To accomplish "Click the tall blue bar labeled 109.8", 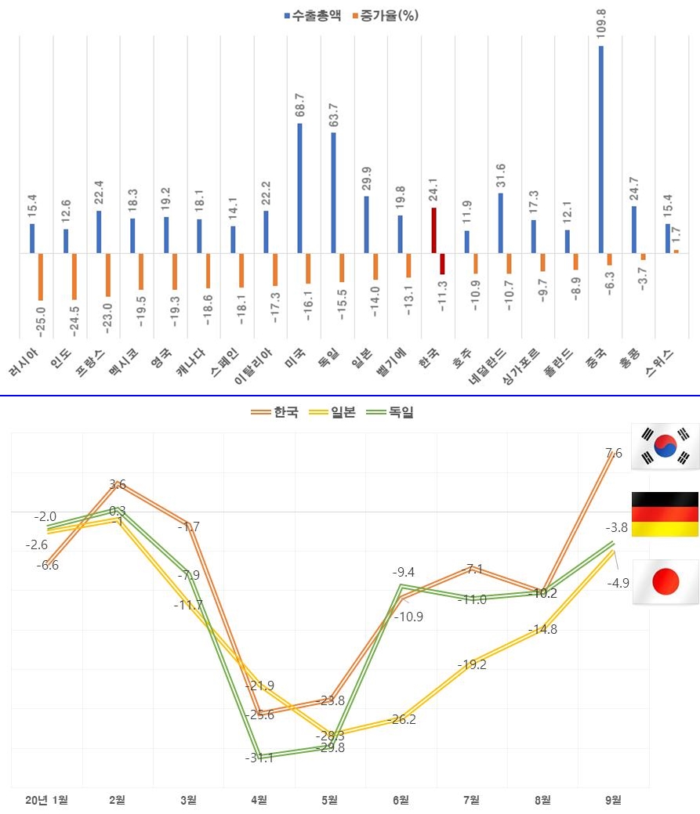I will tap(601, 149).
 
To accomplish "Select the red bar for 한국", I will tap(433, 230).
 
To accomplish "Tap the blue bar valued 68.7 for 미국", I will tap(300, 188).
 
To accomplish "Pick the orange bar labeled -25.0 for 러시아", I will tap(40, 277).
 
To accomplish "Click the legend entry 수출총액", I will tap(313, 16).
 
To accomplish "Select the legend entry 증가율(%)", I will tap(383, 16).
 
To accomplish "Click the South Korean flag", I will tap(665, 447).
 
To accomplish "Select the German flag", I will tap(665, 514).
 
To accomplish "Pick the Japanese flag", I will tap(665, 582).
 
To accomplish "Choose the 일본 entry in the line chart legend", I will tap(333, 412).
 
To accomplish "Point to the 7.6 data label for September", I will tap(614, 453).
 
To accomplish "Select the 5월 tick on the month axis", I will tap(329, 800).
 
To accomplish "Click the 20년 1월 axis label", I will tap(47, 800).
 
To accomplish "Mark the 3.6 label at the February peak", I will tap(118, 484).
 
